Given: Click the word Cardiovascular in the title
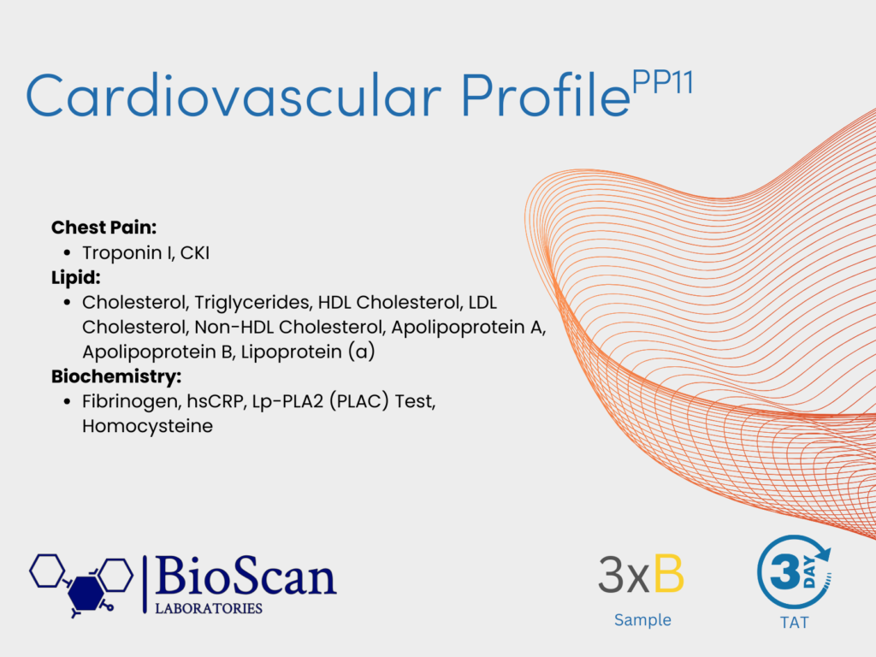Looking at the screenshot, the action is pos(234,95).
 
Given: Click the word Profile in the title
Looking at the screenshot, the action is pos(545,95).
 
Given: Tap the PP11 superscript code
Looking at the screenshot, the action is pos(663,83).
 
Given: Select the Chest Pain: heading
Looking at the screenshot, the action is pos(104,228).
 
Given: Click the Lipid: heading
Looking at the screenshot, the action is pos(76,277).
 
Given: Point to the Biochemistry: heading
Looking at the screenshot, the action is pos(116,376).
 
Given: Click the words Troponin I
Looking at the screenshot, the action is pos(128,253).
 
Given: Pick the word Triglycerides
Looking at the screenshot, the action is pos(252,303).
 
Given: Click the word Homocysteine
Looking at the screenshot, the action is pos(147,426).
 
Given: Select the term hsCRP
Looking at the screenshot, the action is pos(216,402).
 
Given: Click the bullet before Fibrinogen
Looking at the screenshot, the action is pos(67,402).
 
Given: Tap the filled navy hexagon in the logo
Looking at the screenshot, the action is pos(86,593).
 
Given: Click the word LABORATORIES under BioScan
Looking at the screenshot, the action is pos(209,608).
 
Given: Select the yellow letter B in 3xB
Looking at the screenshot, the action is pos(669,574).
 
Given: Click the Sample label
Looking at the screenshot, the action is pos(642,620).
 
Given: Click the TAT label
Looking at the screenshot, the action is pos(794,623).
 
